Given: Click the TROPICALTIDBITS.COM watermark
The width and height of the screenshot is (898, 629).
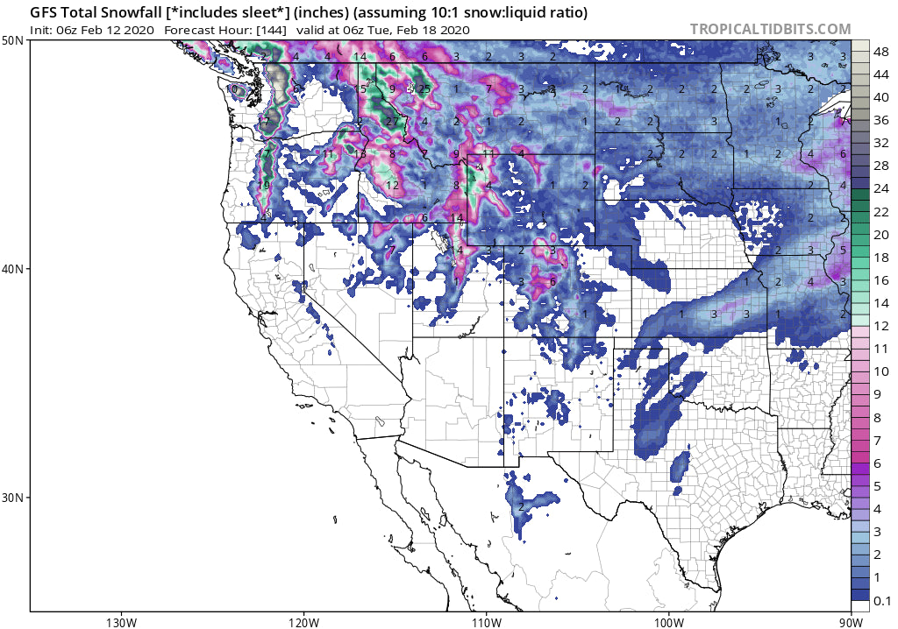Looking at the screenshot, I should [770, 29].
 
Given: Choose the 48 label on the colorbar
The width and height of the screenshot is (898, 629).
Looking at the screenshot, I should [880, 53].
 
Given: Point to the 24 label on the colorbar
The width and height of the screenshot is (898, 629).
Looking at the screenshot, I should [880, 189].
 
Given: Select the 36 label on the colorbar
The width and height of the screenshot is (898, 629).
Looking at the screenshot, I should [880, 121].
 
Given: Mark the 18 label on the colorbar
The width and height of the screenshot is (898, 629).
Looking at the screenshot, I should [880, 258].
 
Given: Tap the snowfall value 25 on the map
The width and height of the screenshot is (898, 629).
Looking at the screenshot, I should [424, 88].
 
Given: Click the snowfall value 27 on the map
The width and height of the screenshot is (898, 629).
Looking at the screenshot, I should [391, 122].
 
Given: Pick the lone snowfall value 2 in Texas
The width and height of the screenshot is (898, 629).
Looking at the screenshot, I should [521, 506].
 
